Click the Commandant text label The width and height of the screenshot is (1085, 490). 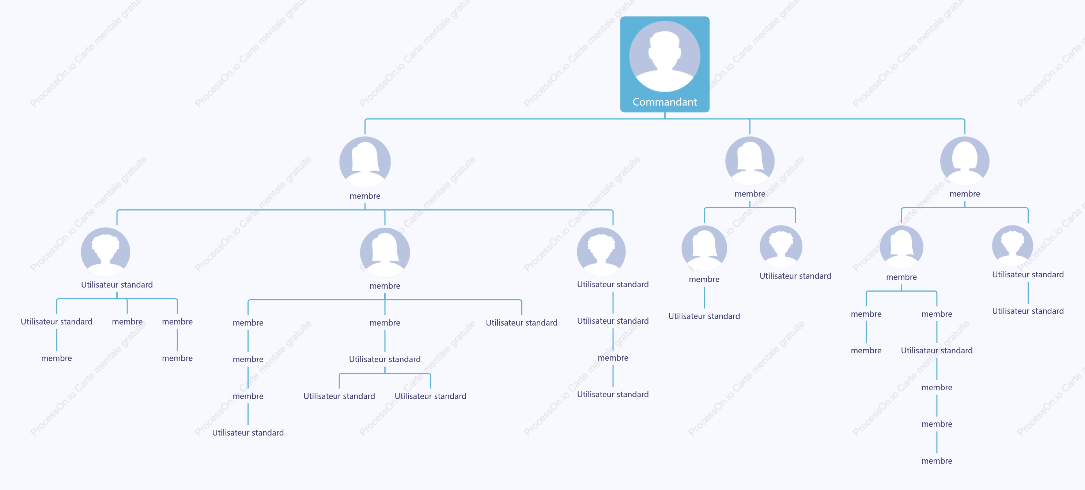coord(665,102)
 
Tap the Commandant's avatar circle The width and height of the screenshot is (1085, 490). coord(665,56)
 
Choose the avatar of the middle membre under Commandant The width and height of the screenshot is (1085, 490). coord(750,161)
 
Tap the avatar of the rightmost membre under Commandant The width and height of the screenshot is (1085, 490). coord(964,161)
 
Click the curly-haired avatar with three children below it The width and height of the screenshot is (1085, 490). coord(105,252)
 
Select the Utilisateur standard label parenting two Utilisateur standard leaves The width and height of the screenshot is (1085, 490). coord(385,359)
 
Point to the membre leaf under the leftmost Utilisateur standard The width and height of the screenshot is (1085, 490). coord(56,358)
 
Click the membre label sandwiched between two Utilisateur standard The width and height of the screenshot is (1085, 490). coord(613,357)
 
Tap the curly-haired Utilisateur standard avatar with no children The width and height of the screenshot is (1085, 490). coord(781,246)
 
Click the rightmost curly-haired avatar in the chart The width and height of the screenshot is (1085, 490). coord(1013,246)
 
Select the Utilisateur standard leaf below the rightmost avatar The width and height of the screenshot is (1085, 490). coord(1028,311)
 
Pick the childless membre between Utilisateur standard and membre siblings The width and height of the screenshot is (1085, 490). coord(127,321)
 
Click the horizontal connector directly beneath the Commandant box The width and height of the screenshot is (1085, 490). coord(665,119)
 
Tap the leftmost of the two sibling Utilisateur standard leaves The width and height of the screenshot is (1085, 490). coord(339,396)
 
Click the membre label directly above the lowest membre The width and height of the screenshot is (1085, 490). coord(937,423)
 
